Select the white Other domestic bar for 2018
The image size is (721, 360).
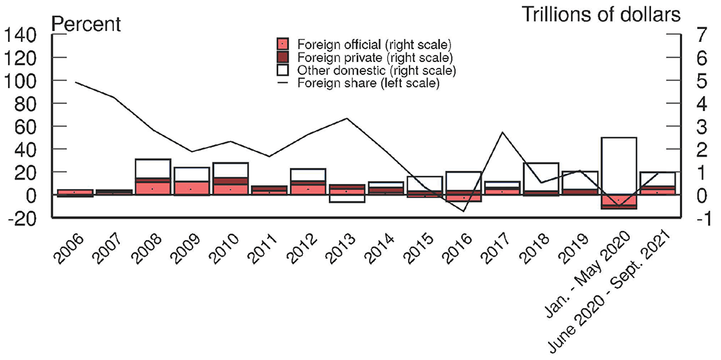[x=541, y=177]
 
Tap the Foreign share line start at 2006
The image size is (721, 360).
[x=75, y=82]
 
